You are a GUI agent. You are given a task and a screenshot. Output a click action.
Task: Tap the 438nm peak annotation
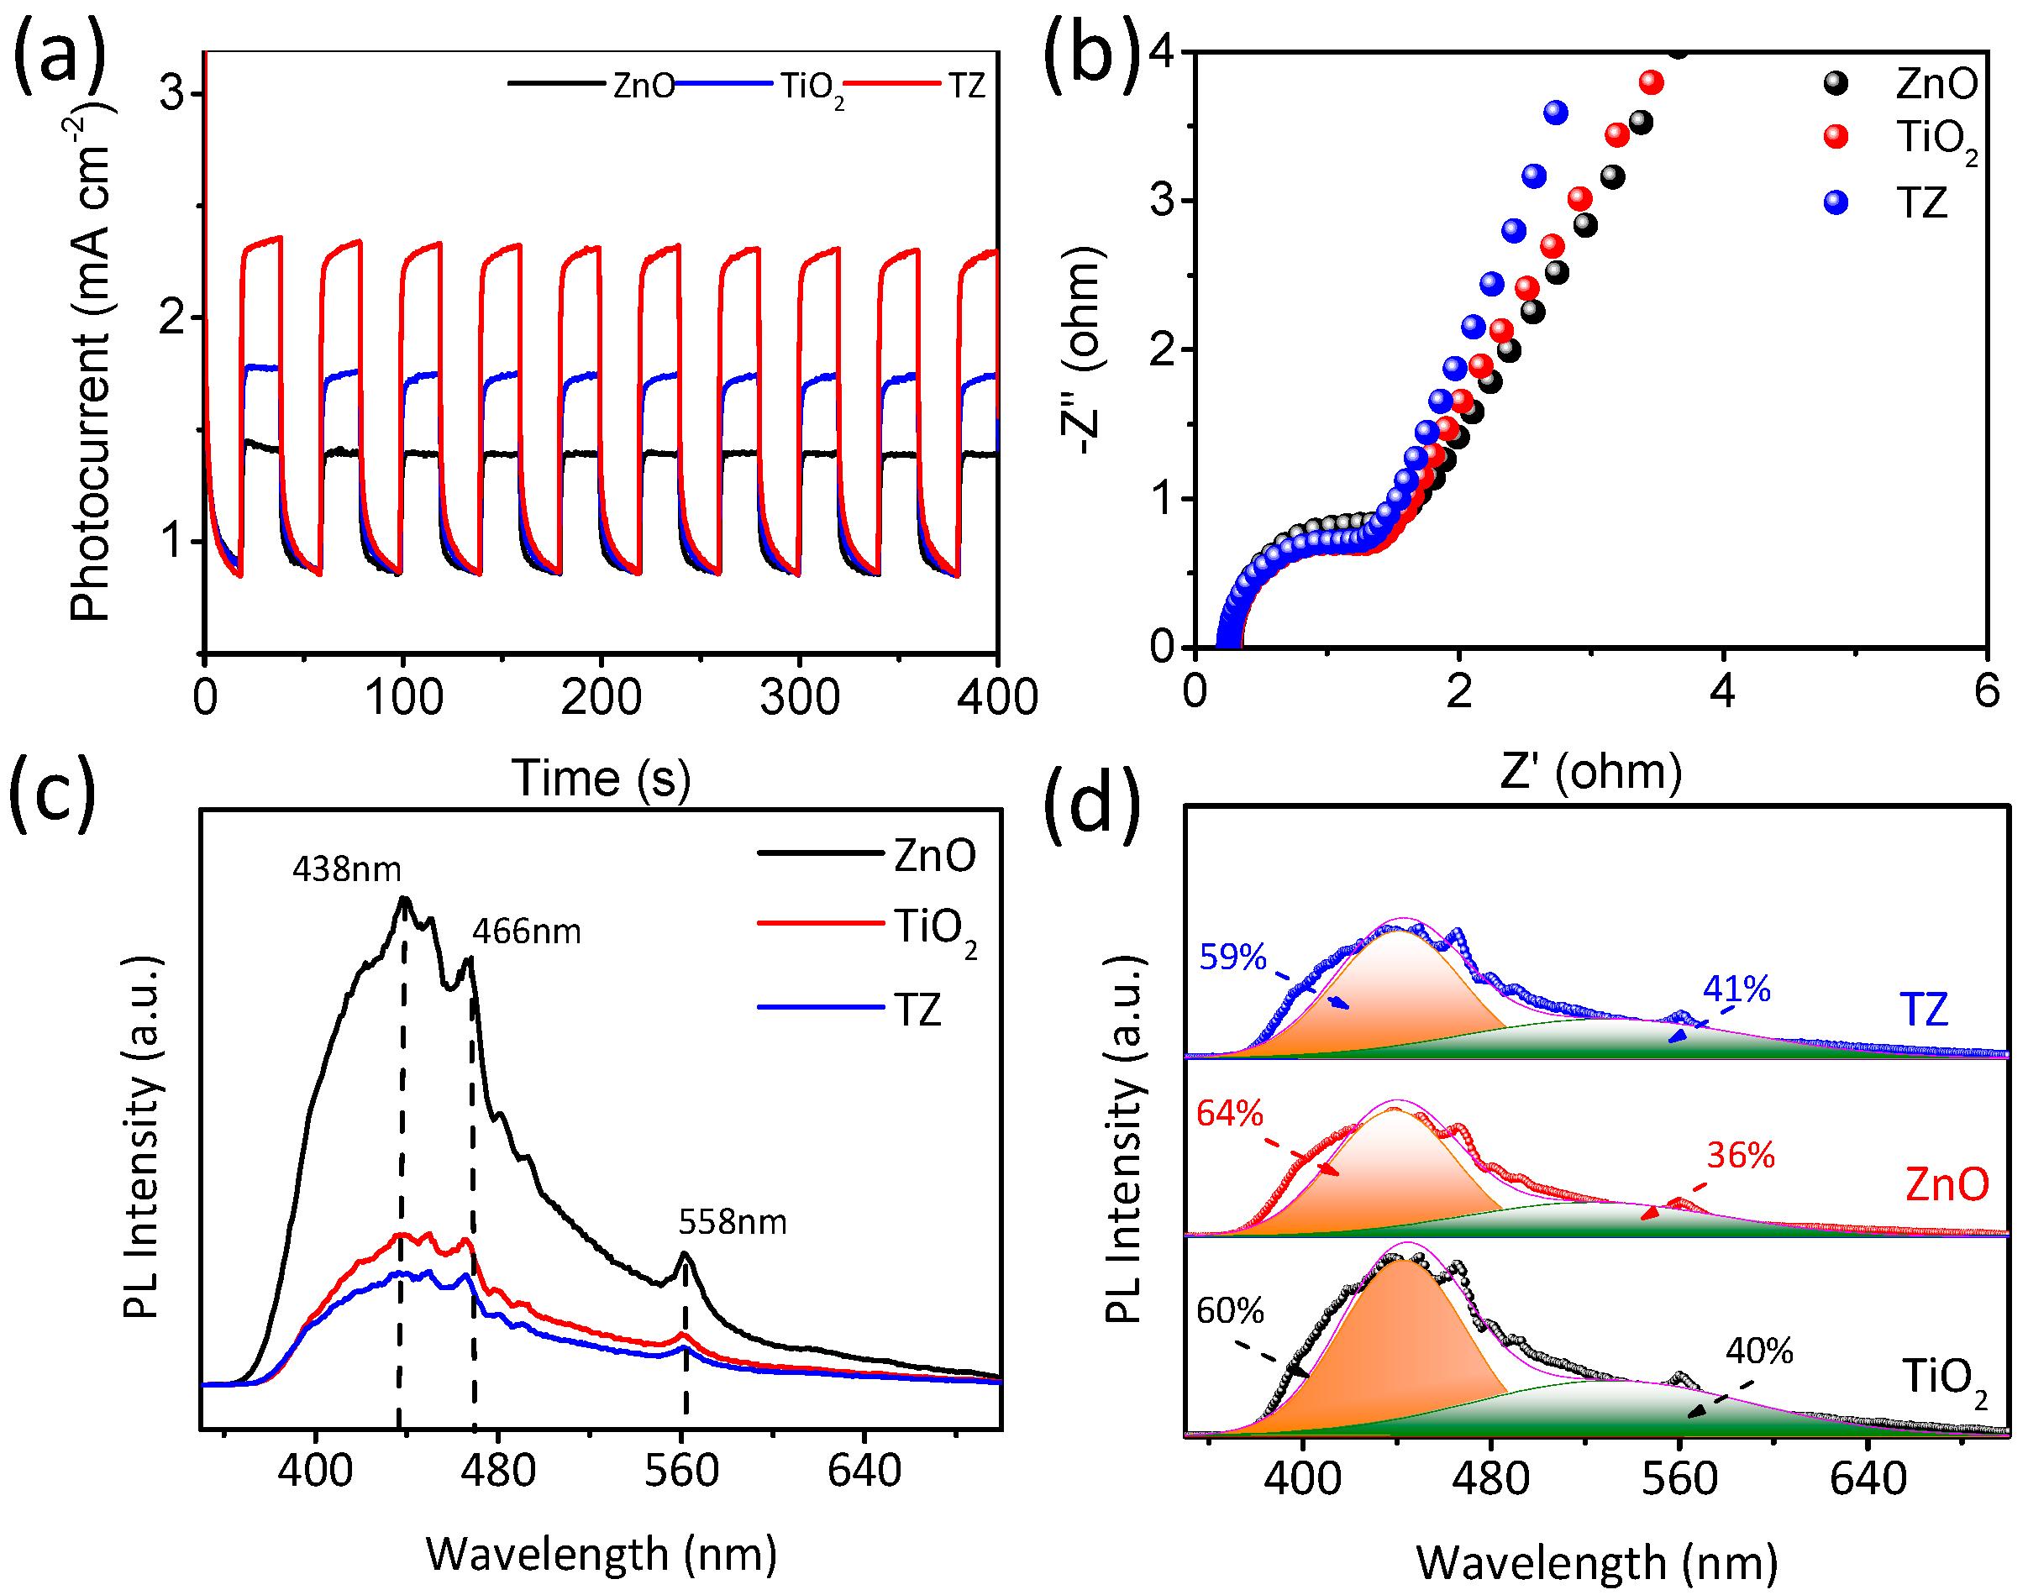coord(347,870)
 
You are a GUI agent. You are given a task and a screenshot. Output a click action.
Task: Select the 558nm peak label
coord(733,1222)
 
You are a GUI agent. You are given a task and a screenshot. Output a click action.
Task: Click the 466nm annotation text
coord(526,932)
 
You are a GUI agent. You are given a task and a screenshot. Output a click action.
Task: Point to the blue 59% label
coord(1232,958)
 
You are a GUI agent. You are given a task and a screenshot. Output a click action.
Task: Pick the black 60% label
coord(1229,1311)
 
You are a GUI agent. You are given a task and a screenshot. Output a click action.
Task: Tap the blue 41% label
coord(1736,989)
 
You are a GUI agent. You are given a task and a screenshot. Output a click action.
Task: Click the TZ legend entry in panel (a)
coord(967,86)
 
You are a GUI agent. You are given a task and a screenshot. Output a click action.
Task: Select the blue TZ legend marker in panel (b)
coord(1836,202)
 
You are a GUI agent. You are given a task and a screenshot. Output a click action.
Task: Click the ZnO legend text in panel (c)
coord(934,855)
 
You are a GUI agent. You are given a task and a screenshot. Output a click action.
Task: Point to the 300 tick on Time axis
coord(799,699)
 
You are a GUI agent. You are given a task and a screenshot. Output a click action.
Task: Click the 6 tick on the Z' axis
coord(1986,692)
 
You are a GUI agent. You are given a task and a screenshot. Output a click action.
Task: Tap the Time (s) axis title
coord(601,778)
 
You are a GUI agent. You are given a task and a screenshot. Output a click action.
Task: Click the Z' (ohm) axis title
coord(1591,771)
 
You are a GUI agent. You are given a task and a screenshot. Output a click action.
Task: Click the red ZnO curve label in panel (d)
coord(1947,1185)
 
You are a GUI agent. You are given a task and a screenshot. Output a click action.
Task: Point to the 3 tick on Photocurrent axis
coord(172,93)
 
